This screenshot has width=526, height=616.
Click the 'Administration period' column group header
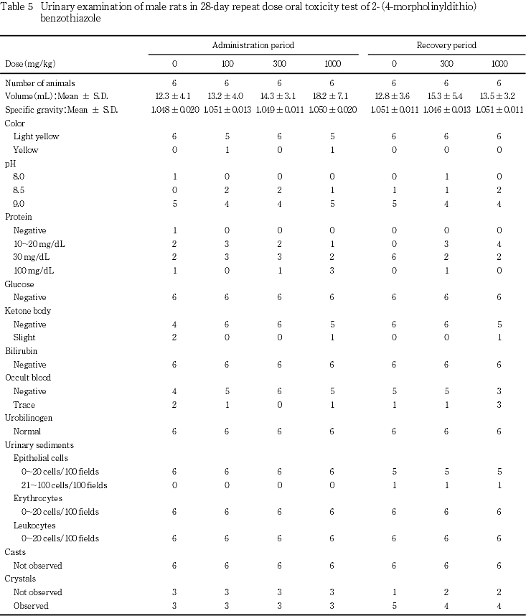(x=253, y=45)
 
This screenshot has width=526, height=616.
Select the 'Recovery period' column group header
(x=446, y=45)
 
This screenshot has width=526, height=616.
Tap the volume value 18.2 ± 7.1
(x=332, y=96)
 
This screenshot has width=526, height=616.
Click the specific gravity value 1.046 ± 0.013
(x=446, y=110)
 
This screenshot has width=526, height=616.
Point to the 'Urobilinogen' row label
(x=28, y=418)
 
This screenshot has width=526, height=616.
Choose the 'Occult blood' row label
(x=28, y=378)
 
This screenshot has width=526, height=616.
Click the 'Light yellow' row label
(x=36, y=136)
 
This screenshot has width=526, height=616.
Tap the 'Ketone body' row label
(x=27, y=311)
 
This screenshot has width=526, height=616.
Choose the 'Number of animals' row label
(x=39, y=83)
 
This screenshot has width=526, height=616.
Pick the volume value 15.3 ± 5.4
(x=446, y=96)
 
